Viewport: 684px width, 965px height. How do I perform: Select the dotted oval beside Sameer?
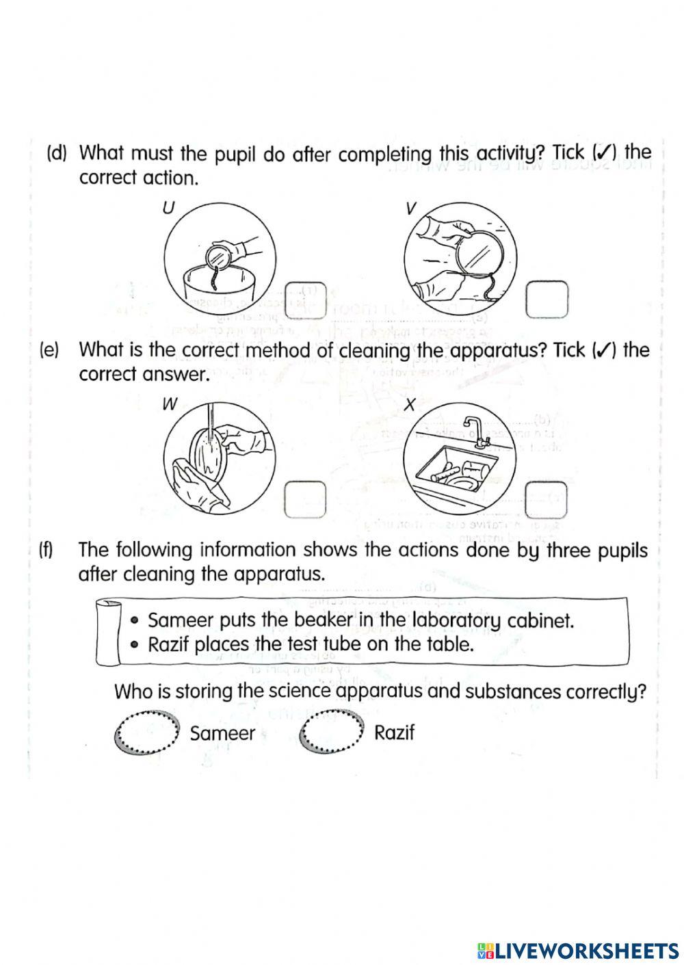pos(147,732)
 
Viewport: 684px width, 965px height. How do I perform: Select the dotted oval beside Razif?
pos(332,731)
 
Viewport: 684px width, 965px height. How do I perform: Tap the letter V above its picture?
pos(410,209)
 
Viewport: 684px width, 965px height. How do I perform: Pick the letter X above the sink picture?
pos(410,404)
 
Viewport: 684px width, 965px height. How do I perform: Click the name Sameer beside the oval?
pos(222,734)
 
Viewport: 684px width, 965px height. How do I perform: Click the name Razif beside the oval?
pos(395,733)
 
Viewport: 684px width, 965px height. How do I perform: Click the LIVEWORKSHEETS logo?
pos(579,950)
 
